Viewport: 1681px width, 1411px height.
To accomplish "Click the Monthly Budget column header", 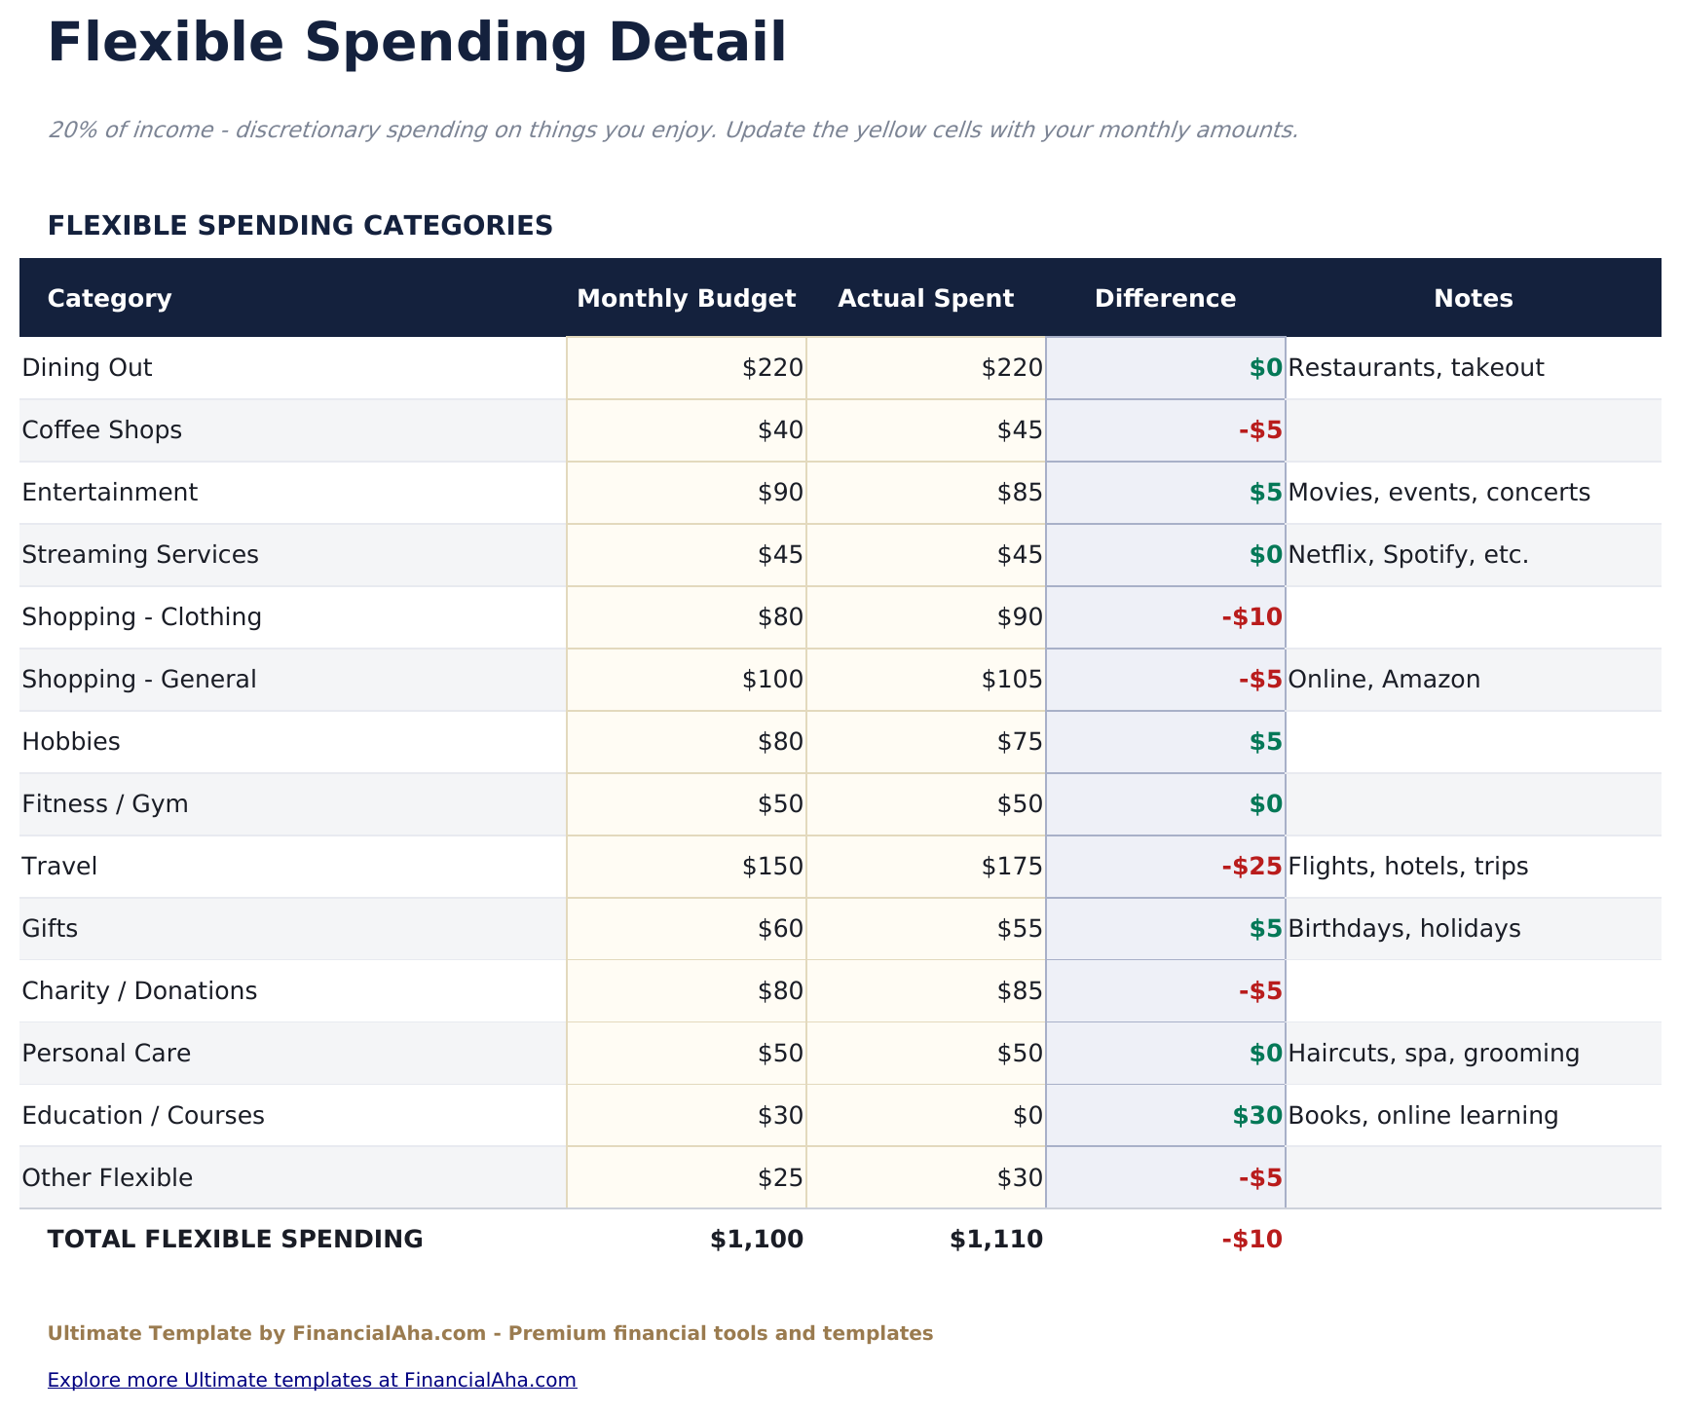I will (x=686, y=299).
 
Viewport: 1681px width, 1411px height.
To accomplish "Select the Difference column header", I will (x=1165, y=299).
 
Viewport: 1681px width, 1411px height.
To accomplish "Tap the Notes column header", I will (x=1473, y=299).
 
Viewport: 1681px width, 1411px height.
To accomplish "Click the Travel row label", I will (x=59, y=867).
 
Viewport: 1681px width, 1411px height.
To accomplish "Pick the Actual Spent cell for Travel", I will (x=1012, y=867).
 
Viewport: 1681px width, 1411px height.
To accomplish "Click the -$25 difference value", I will (x=1251, y=867).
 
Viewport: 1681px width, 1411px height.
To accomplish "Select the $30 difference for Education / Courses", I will (x=1256, y=1116).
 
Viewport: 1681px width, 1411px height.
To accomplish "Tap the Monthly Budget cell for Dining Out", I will (x=772, y=368).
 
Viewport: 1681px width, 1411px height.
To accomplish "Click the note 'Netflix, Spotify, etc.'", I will (x=1407, y=555).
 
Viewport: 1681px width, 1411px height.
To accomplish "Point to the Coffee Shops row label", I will (x=101, y=430).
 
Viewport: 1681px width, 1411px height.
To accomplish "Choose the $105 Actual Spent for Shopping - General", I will (x=1012, y=680).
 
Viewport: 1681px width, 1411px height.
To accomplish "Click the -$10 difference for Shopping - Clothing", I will (x=1251, y=617).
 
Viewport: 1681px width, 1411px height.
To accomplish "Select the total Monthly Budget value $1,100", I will (x=757, y=1240).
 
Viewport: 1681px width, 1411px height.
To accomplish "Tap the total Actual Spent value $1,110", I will (x=996, y=1240).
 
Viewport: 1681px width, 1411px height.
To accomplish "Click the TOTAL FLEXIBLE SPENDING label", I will (x=235, y=1240).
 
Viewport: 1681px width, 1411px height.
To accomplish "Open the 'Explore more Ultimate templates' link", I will (x=312, y=1380).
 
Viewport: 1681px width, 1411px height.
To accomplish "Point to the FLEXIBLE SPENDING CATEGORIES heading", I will (x=300, y=226).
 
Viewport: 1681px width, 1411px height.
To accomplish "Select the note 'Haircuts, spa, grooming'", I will (x=1433, y=1054).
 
